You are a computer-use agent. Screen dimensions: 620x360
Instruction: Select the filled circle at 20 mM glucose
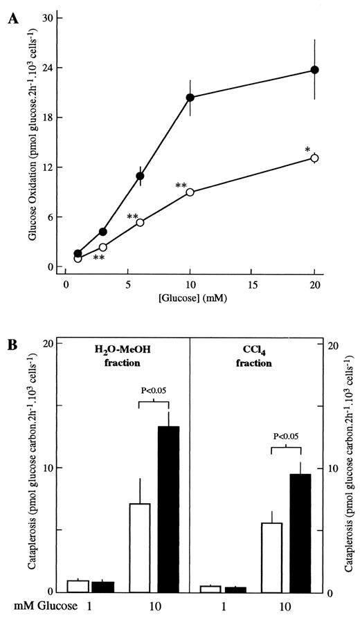click(x=314, y=70)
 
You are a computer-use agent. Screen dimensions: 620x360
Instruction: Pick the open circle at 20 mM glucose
click(x=314, y=158)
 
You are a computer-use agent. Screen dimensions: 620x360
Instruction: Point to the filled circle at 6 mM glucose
click(x=140, y=176)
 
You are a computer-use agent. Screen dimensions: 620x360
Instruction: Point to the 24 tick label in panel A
click(x=49, y=68)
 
